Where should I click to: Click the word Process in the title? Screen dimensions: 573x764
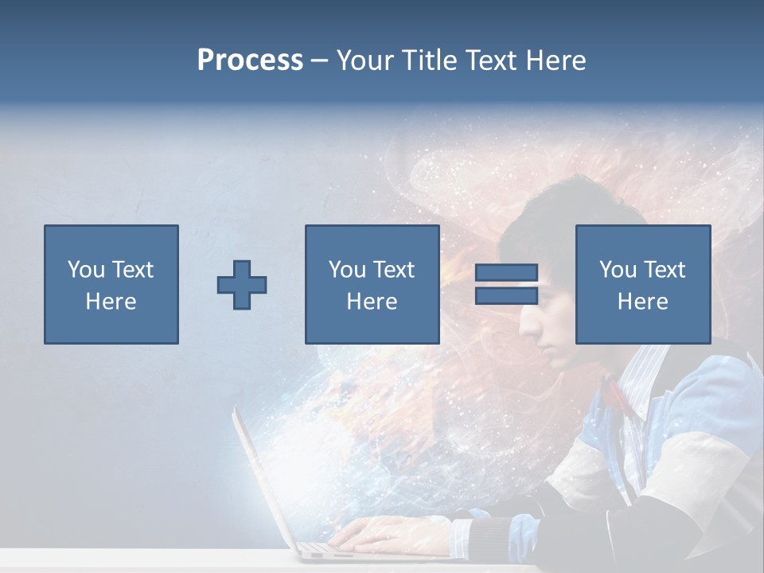click(250, 60)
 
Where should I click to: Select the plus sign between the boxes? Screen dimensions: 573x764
click(242, 285)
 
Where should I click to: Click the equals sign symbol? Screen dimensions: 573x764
click(506, 284)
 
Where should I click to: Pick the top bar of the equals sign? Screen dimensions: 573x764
click(506, 273)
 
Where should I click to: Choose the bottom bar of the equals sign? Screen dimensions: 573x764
click(506, 296)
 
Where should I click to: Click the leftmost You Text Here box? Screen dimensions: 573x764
click(111, 284)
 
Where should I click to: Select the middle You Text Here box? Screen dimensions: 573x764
click(372, 284)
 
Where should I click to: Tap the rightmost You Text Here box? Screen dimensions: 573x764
click(642, 284)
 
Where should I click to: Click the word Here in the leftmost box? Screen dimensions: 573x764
click(111, 302)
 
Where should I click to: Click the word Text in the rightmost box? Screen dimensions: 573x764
click(663, 270)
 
